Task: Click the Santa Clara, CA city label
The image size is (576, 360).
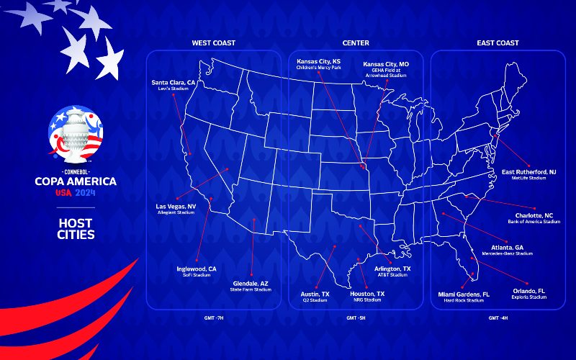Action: (x=174, y=83)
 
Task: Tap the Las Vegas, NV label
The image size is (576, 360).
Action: (x=176, y=207)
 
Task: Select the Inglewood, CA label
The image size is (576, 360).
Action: (x=197, y=269)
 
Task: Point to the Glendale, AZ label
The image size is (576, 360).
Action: (x=251, y=284)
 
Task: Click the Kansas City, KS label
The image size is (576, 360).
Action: (x=318, y=62)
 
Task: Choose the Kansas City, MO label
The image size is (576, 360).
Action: (x=385, y=64)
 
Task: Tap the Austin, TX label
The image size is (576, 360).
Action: (x=315, y=294)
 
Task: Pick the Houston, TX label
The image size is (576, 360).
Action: (x=367, y=294)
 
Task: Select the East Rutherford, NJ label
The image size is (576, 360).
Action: (x=528, y=172)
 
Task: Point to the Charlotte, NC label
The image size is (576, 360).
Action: (x=534, y=216)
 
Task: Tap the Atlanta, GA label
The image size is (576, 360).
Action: (x=507, y=248)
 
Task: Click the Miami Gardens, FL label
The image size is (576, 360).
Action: (x=464, y=294)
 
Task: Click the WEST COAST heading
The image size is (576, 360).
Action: (x=213, y=43)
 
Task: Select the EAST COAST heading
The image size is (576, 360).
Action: (x=498, y=43)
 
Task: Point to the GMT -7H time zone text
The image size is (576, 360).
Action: (x=214, y=318)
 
